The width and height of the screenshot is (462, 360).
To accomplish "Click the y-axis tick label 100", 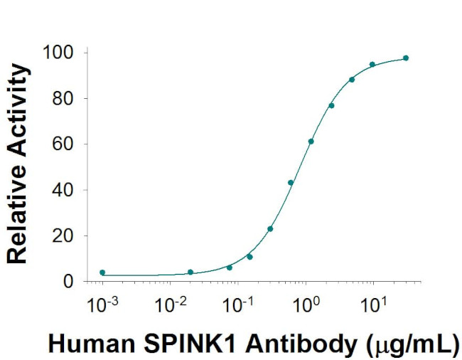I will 58,53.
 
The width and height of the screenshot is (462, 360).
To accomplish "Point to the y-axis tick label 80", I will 63,98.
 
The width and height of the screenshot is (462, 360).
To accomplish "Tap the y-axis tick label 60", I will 63,144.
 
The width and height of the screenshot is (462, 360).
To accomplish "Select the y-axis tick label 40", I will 63,190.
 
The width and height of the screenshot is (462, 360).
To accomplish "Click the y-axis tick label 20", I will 63,235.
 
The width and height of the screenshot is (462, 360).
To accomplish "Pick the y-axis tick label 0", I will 68,282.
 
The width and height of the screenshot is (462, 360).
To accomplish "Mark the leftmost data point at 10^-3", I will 102,272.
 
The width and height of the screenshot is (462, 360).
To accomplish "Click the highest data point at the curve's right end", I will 406,58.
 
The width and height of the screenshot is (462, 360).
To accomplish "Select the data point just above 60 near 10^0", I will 311,141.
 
